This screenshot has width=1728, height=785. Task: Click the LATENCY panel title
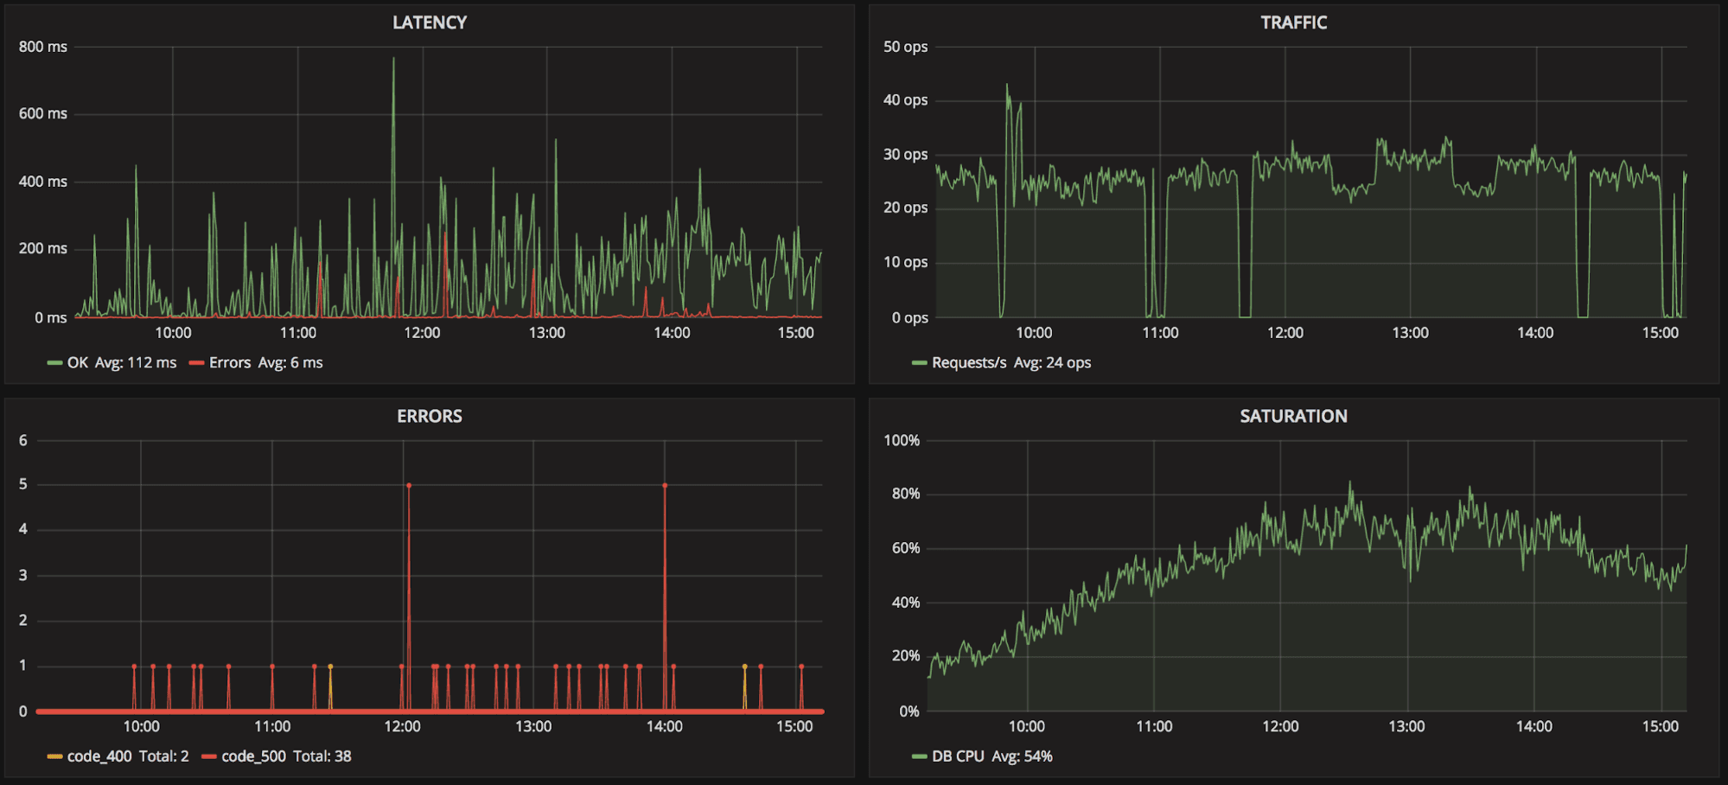point(430,22)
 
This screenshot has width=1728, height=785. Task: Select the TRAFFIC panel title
point(1293,22)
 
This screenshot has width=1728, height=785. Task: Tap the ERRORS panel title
point(430,416)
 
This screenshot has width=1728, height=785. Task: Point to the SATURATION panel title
point(1293,416)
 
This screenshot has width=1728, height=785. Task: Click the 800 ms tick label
point(43,47)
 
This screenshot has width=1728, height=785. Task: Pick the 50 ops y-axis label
point(905,47)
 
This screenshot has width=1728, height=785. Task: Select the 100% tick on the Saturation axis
point(902,440)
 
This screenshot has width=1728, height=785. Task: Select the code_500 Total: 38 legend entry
point(285,756)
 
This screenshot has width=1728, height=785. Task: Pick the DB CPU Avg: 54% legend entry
point(991,756)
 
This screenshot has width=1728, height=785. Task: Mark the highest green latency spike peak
point(393,60)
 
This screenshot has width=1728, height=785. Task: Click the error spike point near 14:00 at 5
point(665,486)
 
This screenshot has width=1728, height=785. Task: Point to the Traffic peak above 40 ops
point(1007,86)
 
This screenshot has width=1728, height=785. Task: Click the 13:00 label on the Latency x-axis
point(547,333)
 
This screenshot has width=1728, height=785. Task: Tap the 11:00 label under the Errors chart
point(272,726)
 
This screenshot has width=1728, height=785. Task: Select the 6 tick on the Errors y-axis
point(23,440)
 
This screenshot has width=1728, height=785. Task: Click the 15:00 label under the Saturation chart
point(1661,726)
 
